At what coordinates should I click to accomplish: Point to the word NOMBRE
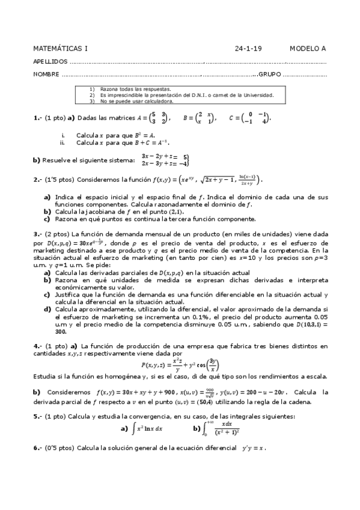(46, 75)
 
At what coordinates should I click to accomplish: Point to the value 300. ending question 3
(61, 331)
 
